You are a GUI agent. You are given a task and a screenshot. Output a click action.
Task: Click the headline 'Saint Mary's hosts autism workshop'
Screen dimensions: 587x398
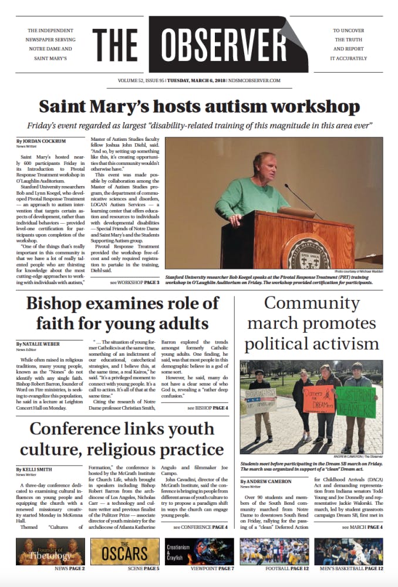click(199, 107)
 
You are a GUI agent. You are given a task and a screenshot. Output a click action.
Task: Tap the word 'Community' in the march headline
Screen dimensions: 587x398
click(303, 303)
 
